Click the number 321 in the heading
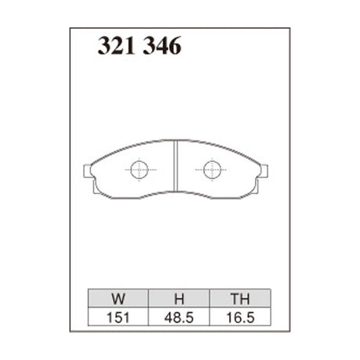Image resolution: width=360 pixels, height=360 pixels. (x=113, y=47)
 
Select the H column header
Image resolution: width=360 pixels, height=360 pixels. (x=178, y=299)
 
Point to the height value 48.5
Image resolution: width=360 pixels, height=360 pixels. (x=178, y=319)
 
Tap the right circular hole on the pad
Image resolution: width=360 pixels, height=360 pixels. (x=212, y=169)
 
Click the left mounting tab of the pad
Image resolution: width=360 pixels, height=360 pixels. (x=88, y=170)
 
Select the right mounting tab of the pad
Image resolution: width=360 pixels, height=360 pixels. (x=265, y=170)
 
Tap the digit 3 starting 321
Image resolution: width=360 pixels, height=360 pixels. (x=103, y=47)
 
